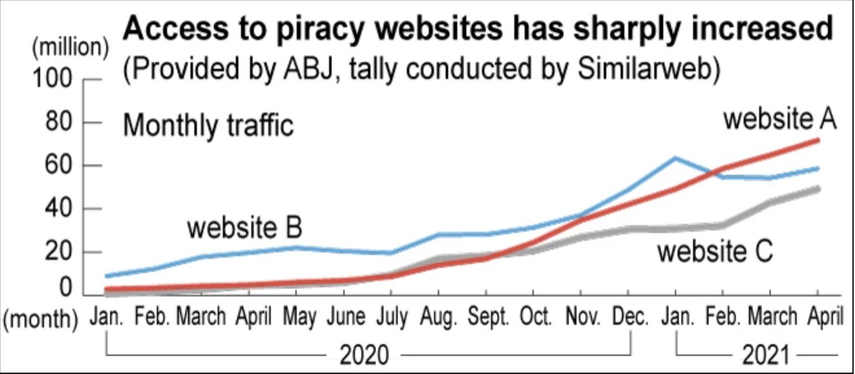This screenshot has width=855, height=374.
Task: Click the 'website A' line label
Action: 780,120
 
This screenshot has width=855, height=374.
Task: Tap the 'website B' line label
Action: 244,228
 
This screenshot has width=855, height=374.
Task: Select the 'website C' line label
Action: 715,251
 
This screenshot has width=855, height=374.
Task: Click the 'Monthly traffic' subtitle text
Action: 208,125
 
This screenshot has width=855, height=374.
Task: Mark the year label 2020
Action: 365,355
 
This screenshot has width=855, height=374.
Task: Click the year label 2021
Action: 767,355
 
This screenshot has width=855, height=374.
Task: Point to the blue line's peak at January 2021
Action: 676,157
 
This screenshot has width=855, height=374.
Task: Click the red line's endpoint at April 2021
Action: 818,140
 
